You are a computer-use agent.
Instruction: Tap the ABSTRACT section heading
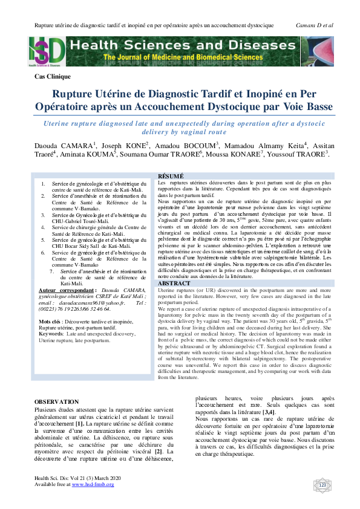point(174,284)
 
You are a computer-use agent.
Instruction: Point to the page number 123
point(322,485)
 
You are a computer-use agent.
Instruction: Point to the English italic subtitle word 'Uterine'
point(62,123)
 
